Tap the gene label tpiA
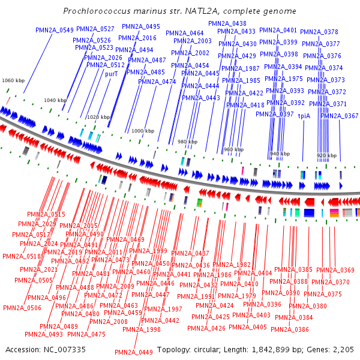[x=304, y=116]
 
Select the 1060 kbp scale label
[x=13, y=80]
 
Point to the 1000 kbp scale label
[x=143, y=130]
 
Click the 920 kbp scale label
[x=327, y=155]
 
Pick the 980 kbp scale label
[x=187, y=142]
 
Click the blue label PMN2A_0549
[x=55, y=30]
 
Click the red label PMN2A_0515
[x=46, y=214]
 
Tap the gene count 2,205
[x=342, y=349]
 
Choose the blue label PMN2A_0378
[x=319, y=32]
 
